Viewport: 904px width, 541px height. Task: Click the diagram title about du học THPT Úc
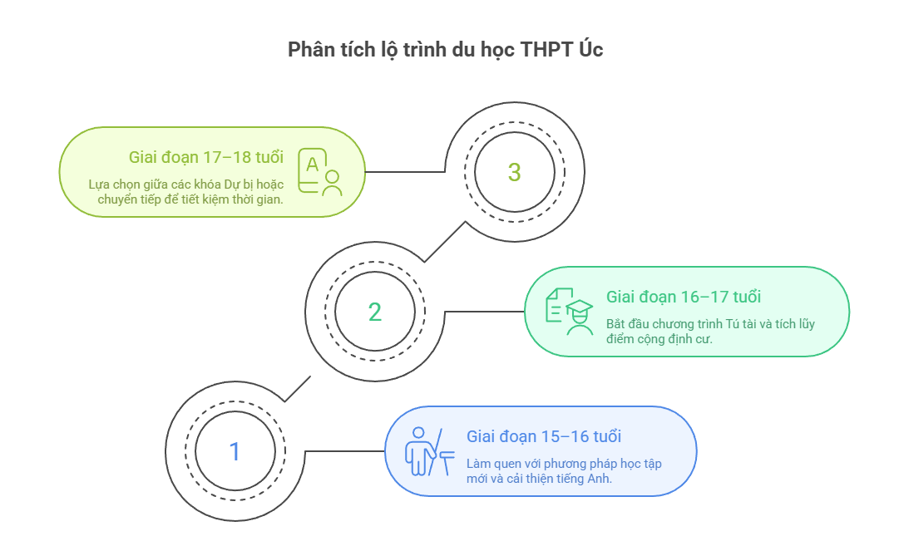[x=445, y=50]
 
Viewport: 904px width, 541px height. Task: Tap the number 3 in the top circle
[x=514, y=173]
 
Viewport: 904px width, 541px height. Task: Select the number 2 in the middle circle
[x=375, y=312]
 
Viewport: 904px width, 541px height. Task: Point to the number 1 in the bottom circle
[x=235, y=452]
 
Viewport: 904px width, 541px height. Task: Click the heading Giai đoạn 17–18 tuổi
[x=205, y=157]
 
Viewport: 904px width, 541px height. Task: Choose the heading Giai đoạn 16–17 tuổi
[x=684, y=297]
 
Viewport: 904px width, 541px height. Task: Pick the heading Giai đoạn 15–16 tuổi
[x=544, y=436]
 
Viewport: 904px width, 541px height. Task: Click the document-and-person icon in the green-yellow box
[x=320, y=172]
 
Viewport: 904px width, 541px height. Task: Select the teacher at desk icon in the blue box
[x=428, y=451]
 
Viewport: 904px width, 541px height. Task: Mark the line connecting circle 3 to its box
[x=406, y=172]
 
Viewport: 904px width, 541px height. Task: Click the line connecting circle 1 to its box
[x=345, y=451]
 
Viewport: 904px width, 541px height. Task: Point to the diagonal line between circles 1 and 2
[x=297, y=389]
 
